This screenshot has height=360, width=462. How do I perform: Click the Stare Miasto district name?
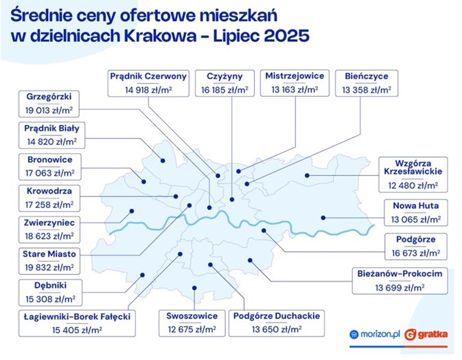click(49, 254)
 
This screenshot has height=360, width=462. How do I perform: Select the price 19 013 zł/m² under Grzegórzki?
click(49, 111)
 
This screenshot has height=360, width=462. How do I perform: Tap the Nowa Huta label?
click(416, 205)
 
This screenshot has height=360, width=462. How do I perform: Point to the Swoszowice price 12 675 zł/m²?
click(192, 329)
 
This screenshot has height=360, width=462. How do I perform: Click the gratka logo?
click(426, 335)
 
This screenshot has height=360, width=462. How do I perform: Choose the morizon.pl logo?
click(375, 335)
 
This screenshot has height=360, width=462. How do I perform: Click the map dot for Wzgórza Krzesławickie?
click(307, 175)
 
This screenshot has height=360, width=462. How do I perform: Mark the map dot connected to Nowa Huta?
click(323, 218)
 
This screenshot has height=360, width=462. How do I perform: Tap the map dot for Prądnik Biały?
click(163, 161)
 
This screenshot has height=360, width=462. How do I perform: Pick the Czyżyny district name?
click(224, 76)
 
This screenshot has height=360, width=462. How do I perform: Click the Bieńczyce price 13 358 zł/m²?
click(367, 90)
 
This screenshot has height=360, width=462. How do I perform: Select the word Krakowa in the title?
click(160, 36)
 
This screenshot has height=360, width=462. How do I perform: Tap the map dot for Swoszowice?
click(194, 288)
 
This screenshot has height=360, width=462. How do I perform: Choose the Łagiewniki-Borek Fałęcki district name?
click(77, 317)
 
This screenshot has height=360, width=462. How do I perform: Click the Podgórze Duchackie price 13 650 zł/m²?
click(277, 329)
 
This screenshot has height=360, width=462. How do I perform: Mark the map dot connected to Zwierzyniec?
click(132, 211)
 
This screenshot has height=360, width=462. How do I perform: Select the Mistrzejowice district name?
click(294, 76)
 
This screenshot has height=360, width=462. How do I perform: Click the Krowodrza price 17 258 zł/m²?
click(49, 205)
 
